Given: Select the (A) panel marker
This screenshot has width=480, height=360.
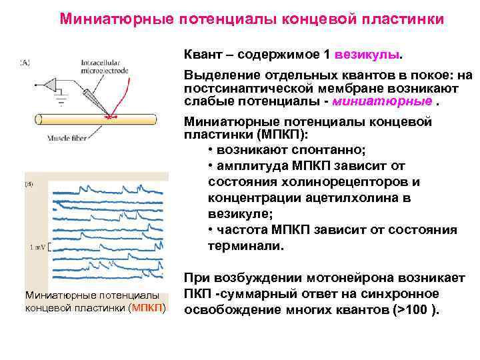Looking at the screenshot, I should [x=25, y=61].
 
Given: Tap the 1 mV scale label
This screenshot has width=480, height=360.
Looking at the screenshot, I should [x=37, y=247].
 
